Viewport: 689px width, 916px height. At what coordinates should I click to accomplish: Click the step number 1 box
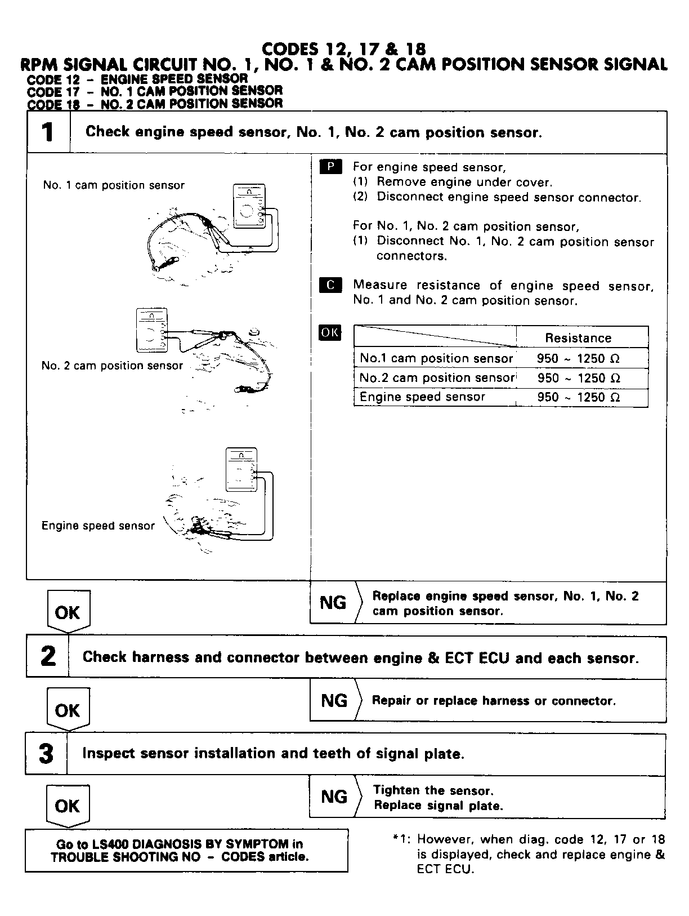click(48, 132)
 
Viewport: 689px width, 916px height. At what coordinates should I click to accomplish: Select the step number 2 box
click(48, 657)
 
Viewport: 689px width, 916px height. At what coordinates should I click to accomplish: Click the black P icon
click(330, 167)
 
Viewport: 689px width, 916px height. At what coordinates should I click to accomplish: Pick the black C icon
click(330, 285)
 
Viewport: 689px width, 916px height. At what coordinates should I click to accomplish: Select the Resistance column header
click(578, 338)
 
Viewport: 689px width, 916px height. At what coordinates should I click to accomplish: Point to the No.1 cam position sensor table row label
click(436, 358)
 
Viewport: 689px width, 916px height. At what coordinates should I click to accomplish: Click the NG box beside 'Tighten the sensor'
click(334, 797)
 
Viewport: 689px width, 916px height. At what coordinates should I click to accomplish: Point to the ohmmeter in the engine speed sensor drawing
click(241, 470)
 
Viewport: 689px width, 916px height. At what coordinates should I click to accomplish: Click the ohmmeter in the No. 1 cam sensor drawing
click(249, 207)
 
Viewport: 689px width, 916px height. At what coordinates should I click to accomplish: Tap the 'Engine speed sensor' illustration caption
click(98, 526)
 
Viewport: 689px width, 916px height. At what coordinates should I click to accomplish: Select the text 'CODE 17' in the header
click(44, 91)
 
